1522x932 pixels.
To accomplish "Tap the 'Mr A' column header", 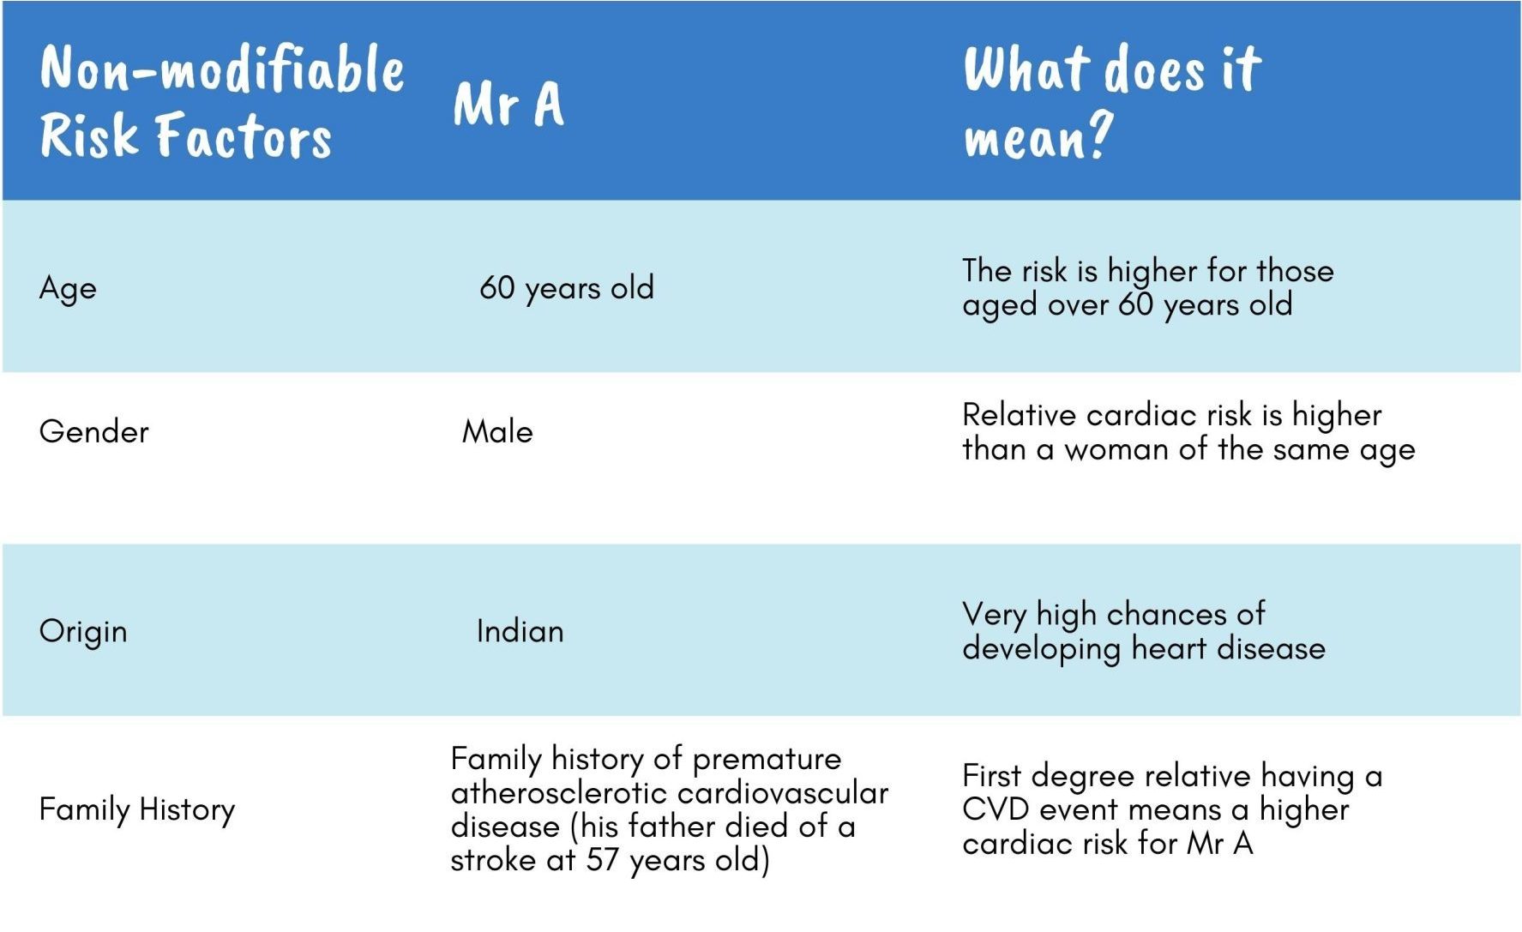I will (x=508, y=104).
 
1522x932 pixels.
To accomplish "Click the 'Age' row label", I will (x=68, y=288).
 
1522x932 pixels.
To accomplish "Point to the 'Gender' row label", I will (x=93, y=431).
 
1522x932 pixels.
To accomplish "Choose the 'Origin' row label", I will (x=83, y=631).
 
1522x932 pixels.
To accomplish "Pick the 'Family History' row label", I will (x=136, y=809).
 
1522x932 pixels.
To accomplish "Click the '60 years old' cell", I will (x=567, y=288).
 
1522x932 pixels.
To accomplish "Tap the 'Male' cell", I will (x=497, y=431).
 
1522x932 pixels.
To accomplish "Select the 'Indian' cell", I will (x=520, y=632).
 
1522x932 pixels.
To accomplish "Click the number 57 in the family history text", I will (x=602, y=859).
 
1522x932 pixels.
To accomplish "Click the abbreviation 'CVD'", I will (x=995, y=809).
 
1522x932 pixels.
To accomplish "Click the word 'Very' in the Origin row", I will (x=995, y=615).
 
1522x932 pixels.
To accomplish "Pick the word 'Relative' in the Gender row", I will (x=1019, y=415).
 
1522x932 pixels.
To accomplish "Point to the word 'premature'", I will (x=767, y=760).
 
